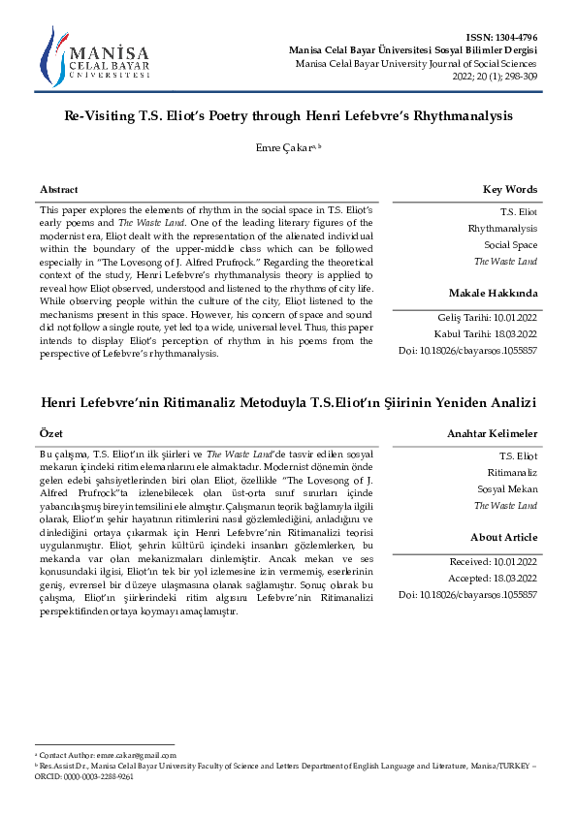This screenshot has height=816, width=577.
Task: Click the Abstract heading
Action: pyautogui.click(x=59, y=190)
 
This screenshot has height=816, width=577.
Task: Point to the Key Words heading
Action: pyautogui.click(x=510, y=190)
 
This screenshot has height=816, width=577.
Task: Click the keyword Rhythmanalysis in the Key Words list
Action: pyautogui.click(x=502, y=228)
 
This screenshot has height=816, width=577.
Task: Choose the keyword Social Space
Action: pyautogui.click(x=511, y=245)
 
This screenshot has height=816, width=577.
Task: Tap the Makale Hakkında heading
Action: pyautogui.click(x=493, y=293)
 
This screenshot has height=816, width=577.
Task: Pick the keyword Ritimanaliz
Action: pyautogui.click(x=514, y=471)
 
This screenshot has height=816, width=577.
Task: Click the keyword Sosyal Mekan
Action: pyautogui.click(x=510, y=488)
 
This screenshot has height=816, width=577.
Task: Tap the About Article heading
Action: pyautogui.click(x=503, y=537)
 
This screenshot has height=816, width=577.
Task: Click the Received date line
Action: pyautogui.click(x=494, y=561)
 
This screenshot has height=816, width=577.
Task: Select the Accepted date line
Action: pyautogui.click(x=494, y=578)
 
